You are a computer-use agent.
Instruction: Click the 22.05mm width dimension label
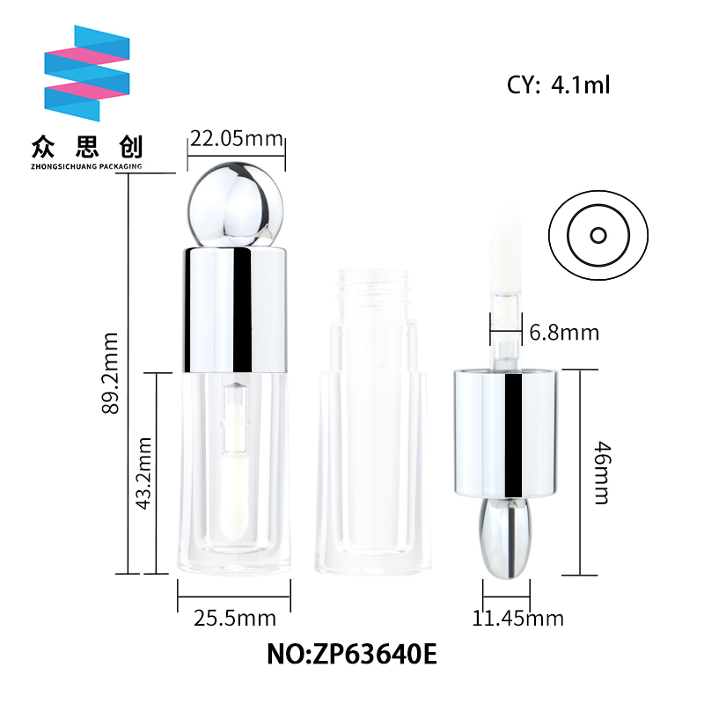click(x=237, y=138)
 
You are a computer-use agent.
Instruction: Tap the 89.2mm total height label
click(x=110, y=373)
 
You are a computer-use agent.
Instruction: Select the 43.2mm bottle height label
click(x=144, y=473)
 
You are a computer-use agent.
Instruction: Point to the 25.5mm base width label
click(x=235, y=619)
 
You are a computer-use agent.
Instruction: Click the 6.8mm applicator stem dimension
click(x=564, y=333)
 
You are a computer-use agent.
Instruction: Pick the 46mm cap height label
click(x=602, y=473)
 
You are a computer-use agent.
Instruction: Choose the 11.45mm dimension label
click(x=517, y=619)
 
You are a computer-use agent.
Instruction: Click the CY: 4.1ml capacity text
click(x=559, y=84)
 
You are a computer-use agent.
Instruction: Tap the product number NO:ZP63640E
click(x=352, y=654)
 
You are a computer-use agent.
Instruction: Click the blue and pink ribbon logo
click(x=87, y=73)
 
